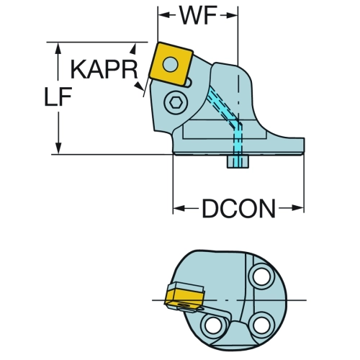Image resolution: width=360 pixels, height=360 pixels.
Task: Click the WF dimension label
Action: point(199,16)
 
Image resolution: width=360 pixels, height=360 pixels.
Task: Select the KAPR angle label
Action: point(104,70)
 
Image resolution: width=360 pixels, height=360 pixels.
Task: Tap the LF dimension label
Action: point(58,96)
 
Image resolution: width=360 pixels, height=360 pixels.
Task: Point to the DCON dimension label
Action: point(238,209)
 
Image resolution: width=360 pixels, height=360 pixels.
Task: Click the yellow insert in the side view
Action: point(172,64)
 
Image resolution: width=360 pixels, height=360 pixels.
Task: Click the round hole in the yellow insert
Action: point(171,64)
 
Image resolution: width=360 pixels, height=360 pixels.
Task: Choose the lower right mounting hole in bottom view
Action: point(261,325)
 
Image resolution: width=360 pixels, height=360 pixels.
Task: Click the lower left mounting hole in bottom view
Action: point(213,325)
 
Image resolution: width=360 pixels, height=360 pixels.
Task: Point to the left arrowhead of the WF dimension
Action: point(163,16)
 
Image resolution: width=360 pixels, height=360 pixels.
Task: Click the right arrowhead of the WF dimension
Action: point(233,16)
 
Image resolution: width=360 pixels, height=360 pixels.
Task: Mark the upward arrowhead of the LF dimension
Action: point(58,48)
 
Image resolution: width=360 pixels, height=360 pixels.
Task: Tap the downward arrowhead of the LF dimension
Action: point(58,148)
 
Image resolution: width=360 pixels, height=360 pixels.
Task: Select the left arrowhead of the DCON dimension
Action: point(179,208)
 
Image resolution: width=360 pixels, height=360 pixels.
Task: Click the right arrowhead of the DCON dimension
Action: point(298,208)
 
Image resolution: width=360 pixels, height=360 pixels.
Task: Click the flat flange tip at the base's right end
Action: point(303,145)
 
